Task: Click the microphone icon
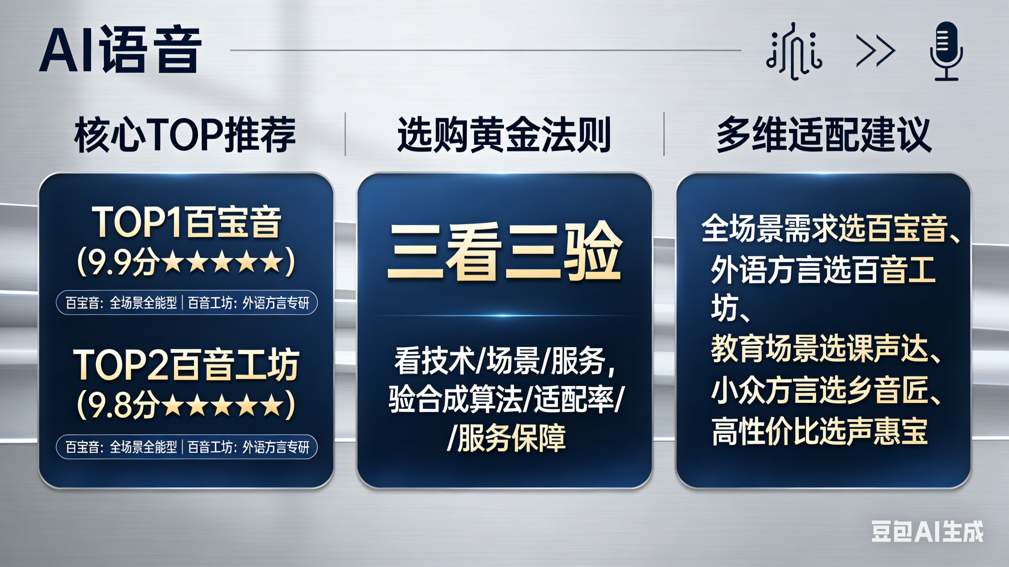click(x=946, y=51)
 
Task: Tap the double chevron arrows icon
click(x=876, y=51)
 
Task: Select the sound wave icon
click(x=794, y=51)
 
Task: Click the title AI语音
click(x=120, y=50)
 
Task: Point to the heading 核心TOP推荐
click(x=185, y=134)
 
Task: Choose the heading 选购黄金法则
click(x=504, y=134)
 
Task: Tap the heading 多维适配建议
click(x=824, y=134)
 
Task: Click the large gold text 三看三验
click(x=504, y=251)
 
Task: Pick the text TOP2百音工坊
click(x=186, y=365)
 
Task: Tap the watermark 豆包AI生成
click(x=927, y=532)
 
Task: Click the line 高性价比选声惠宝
click(x=820, y=432)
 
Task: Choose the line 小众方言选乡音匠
click(x=820, y=390)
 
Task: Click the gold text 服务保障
click(x=512, y=438)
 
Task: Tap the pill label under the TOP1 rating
click(x=187, y=303)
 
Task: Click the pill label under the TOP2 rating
click(x=187, y=447)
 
